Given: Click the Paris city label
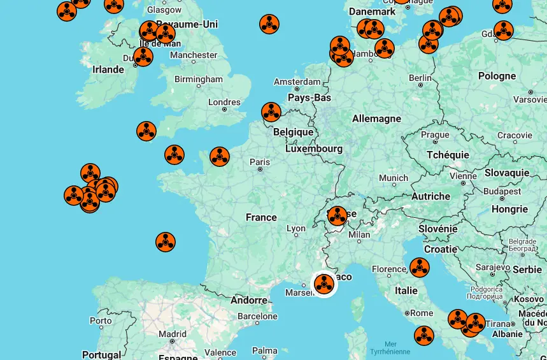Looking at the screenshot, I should point(260,162).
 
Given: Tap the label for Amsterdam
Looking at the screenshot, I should point(297,82).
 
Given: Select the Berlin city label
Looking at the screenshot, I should point(420,78).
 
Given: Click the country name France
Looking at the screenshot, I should point(261,217).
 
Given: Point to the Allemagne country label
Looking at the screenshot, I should point(376,119).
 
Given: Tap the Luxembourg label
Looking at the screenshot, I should point(313,148).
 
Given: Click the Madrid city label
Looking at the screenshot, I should point(173,334).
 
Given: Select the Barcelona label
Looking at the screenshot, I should point(257,316).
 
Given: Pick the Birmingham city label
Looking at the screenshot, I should point(199,80).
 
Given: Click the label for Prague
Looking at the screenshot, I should point(435,135).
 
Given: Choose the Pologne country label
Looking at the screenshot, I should point(497,76).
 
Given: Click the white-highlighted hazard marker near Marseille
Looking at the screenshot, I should point(324,284).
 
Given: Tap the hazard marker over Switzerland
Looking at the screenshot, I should point(337,216).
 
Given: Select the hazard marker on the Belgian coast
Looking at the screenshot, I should point(271,112).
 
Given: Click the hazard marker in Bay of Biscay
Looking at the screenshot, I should point(166,242).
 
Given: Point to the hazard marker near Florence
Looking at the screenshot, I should point(419,268).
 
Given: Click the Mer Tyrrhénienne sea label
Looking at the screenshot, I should point(390,348).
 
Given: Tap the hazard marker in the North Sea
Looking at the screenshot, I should point(269,24).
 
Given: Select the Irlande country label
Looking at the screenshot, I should point(108,69).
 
